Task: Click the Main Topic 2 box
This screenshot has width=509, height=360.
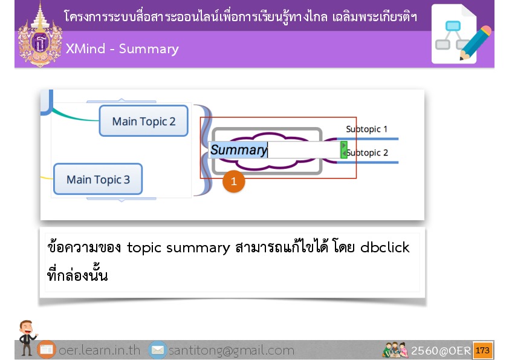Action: click(x=143, y=121)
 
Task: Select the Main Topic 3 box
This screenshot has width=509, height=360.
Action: click(x=98, y=179)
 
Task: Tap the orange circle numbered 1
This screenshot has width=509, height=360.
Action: click(x=234, y=182)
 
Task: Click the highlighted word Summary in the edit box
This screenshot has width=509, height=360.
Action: click(x=239, y=150)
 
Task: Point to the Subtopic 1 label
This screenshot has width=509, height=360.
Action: click(x=366, y=129)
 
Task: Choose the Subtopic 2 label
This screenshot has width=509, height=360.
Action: click(x=367, y=152)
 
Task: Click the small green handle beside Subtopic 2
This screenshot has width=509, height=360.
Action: click(x=344, y=150)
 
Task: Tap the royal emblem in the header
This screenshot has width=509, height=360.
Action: click(x=40, y=35)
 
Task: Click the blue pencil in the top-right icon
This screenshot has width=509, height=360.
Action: click(x=476, y=43)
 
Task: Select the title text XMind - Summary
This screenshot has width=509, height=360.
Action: click(x=122, y=49)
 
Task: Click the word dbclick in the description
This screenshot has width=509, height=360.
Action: click(x=385, y=247)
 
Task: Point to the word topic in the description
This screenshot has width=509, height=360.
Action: click(x=144, y=248)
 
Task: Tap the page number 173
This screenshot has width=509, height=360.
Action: click(x=482, y=350)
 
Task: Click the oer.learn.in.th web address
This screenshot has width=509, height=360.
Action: click(x=99, y=350)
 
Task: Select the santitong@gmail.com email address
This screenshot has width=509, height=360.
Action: click(x=232, y=350)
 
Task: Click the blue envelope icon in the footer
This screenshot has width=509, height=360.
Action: click(x=158, y=350)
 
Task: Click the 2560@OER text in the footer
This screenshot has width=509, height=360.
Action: click(x=441, y=350)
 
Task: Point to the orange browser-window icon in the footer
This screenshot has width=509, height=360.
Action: click(x=47, y=350)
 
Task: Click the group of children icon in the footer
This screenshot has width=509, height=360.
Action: click(x=395, y=350)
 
